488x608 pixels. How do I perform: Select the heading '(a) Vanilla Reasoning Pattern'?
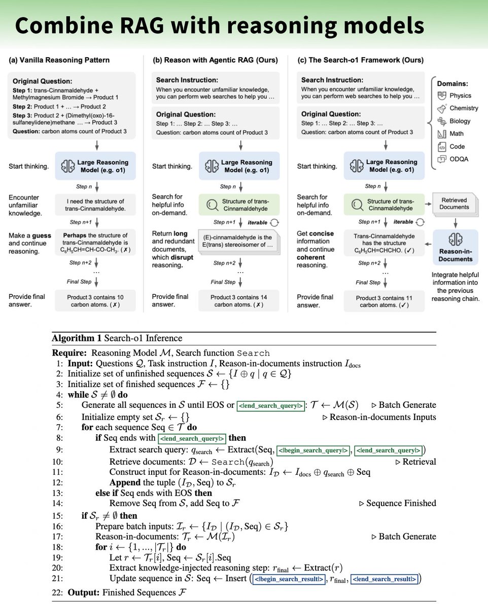click(x=59, y=60)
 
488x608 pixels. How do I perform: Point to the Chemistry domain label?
click(x=464, y=108)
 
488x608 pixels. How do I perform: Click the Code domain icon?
click(x=441, y=147)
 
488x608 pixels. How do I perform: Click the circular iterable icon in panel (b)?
click(x=275, y=222)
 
